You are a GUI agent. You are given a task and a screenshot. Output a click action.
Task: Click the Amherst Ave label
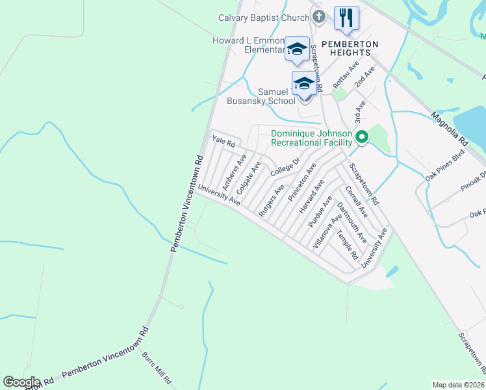pyautogui.click(x=235, y=168)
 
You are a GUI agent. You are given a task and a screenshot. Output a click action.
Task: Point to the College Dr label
pyautogui.click(x=285, y=167)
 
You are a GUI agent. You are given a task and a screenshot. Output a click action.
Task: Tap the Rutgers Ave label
pyautogui.click(x=271, y=200)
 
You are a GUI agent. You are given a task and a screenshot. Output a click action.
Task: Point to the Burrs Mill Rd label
pyautogui.click(x=157, y=369)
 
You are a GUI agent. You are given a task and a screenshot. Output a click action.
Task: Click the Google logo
pyautogui.click(x=21, y=382)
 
